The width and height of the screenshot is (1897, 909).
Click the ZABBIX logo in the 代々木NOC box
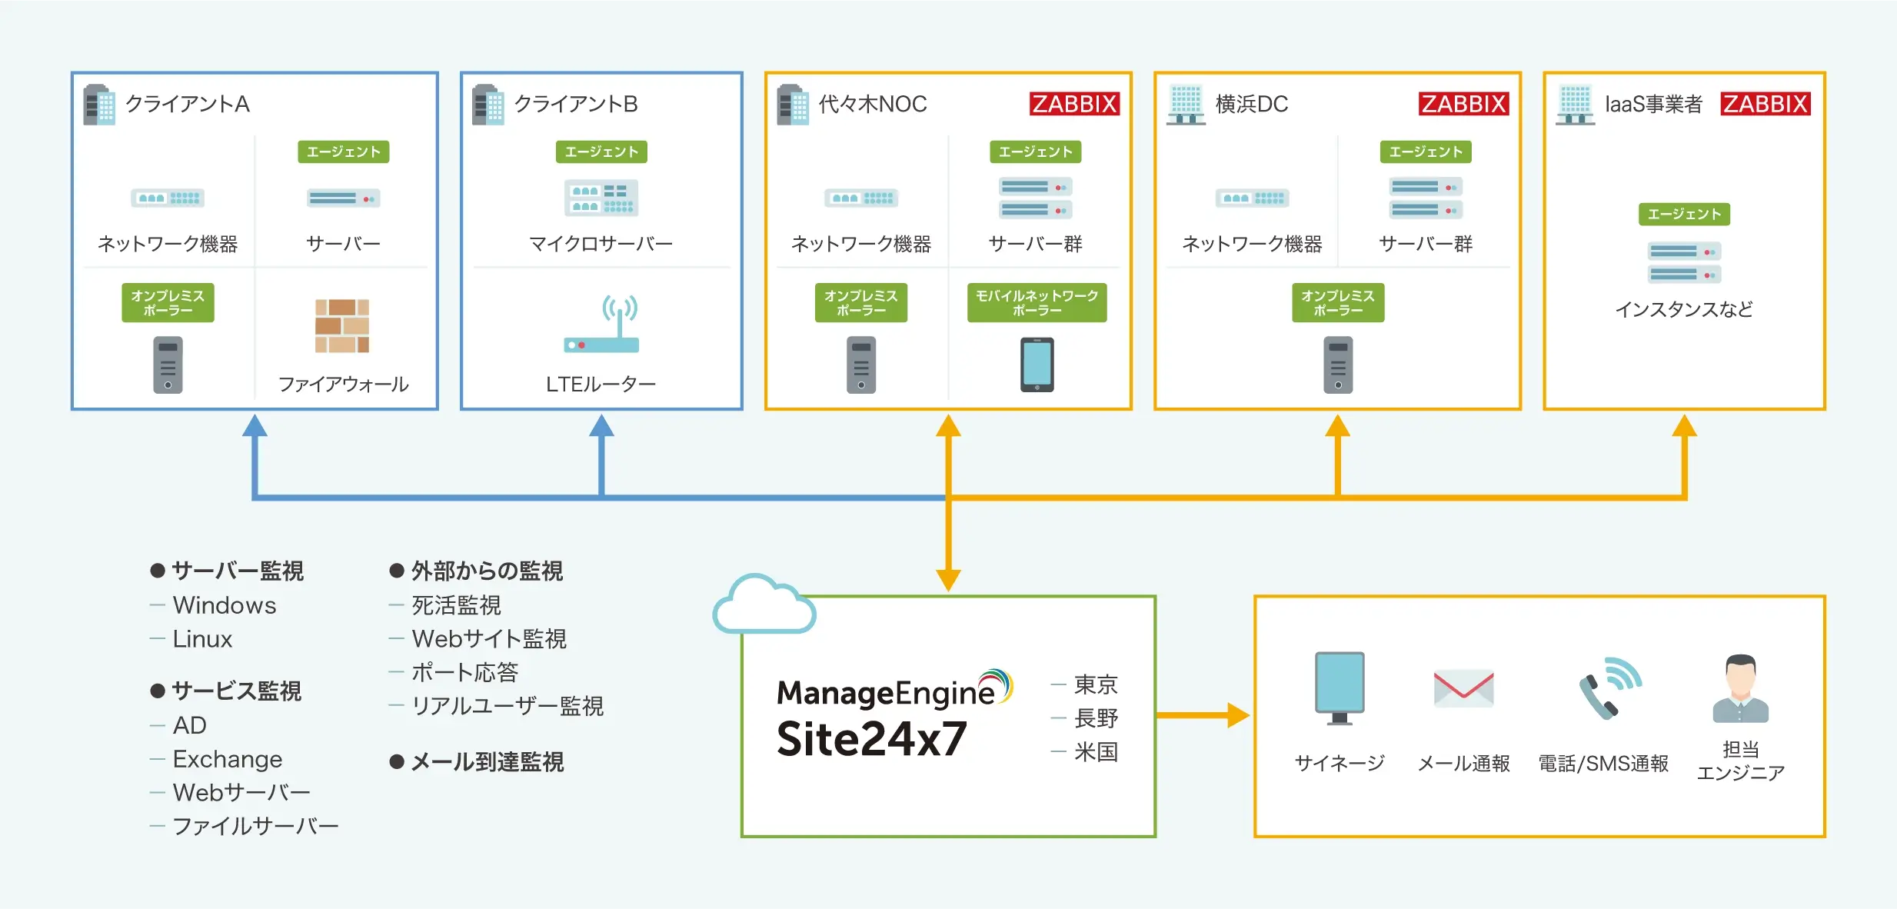click(x=1074, y=104)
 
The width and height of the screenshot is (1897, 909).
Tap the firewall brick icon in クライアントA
click(x=342, y=326)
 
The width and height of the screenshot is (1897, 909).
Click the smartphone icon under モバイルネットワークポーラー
click(x=1037, y=365)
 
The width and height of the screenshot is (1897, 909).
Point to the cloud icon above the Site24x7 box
click(x=764, y=604)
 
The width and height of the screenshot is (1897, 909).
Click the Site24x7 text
click(x=871, y=739)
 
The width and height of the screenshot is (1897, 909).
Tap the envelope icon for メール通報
click(x=1463, y=688)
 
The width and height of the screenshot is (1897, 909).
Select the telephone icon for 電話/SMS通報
click(x=1610, y=688)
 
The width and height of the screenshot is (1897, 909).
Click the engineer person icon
click(x=1741, y=688)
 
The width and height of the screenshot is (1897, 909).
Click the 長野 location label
click(x=1096, y=718)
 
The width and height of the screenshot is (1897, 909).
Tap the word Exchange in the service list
click(x=228, y=759)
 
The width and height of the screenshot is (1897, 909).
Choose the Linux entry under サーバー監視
click(x=202, y=639)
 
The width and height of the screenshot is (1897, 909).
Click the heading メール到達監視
click(x=488, y=762)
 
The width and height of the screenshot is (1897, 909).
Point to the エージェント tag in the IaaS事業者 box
click(x=1684, y=214)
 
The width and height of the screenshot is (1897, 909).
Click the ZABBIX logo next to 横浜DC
click(x=1464, y=104)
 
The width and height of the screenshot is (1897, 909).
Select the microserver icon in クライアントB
click(x=601, y=198)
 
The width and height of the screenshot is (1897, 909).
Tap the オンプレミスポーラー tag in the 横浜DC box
click(x=1338, y=303)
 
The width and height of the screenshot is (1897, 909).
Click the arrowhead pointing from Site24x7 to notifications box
click(x=1239, y=715)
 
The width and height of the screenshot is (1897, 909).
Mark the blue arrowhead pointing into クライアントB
click(x=601, y=426)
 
